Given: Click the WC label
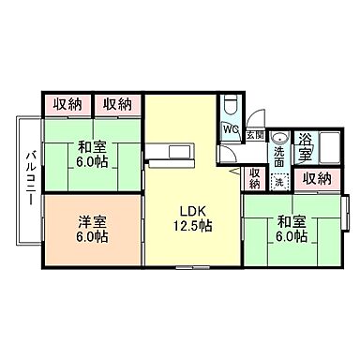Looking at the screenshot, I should click(x=231, y=130).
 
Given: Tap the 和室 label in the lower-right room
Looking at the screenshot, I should click(x=291, y=222).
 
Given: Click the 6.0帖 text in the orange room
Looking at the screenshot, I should click(x=92, y=237).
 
